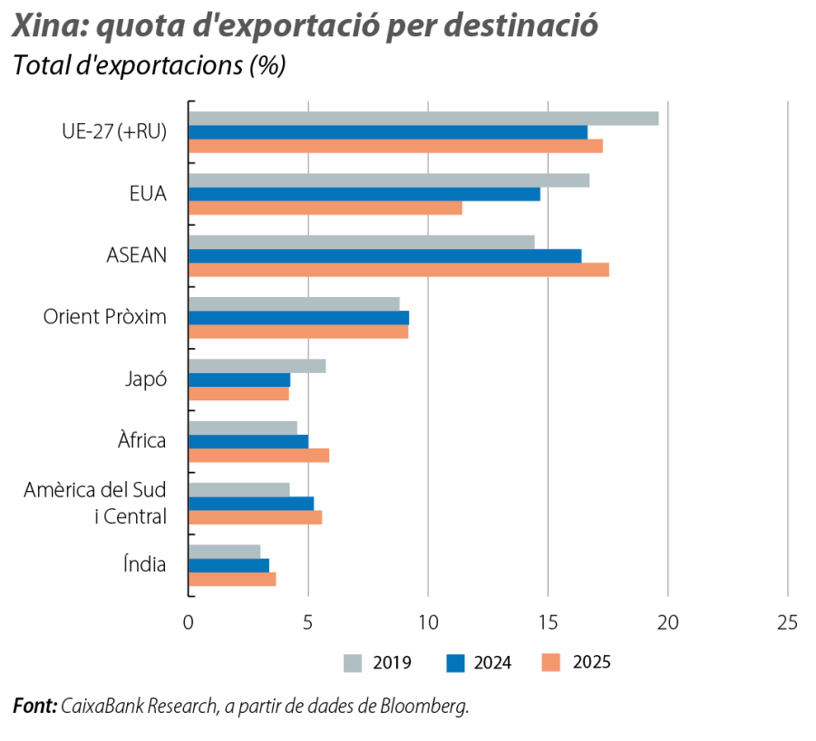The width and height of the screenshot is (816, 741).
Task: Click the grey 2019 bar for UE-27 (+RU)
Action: (423, 118)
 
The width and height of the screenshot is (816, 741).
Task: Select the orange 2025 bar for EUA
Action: (325, 208)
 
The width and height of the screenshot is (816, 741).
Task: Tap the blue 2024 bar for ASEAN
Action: (385, 255)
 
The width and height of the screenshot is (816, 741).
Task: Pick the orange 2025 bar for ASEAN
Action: (399, 270)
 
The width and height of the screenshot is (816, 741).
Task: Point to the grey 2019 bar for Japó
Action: (257, 366)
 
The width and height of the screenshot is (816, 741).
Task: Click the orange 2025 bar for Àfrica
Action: (259, 456)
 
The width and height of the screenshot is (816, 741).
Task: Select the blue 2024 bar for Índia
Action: (229, 565)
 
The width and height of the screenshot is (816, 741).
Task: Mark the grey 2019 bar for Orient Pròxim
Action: (295, 304)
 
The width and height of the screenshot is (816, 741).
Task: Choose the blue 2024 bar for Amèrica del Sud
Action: (252, 503)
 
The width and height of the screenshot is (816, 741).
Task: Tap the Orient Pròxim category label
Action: (105, 317)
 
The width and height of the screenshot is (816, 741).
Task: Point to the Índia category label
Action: (145, 564)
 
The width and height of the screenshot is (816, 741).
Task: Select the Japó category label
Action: (145, 380)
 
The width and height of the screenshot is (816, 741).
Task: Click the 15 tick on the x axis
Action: (548, 622)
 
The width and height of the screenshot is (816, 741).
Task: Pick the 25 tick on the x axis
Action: (787, 622)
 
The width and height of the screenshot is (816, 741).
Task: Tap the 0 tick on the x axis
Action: (189, 622)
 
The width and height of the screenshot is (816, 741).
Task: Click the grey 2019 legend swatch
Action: (353, 663)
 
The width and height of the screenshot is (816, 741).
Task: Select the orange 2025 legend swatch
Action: (550, 663)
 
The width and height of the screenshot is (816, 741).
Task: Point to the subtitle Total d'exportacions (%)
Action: (149, 67)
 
